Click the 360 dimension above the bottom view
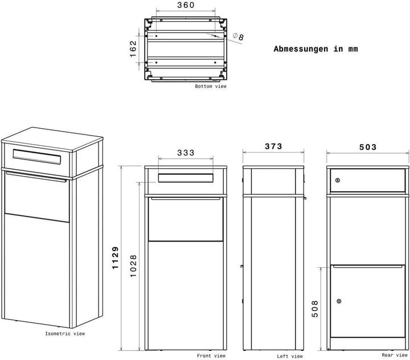pos(186,5)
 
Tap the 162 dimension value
pos(133,48)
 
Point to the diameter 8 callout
pos(238,36)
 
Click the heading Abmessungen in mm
pos(315,49)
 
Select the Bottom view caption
pos(211,86)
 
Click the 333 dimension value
pos(186,153)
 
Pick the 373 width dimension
pos(273,146)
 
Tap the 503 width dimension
pos(368,147)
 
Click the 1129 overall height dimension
pos(115,257)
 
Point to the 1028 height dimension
pos(133,266)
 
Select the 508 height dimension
pos(315,309)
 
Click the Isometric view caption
pos(65,334)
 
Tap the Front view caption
pos(211,356)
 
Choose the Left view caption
pos(290,356)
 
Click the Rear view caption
pos(395,355)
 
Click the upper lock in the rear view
pos(338,180)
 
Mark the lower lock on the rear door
pos(339,301)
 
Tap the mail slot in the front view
pos(186,178)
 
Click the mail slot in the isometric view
pos(37,157)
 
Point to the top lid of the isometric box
pos(52,139)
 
